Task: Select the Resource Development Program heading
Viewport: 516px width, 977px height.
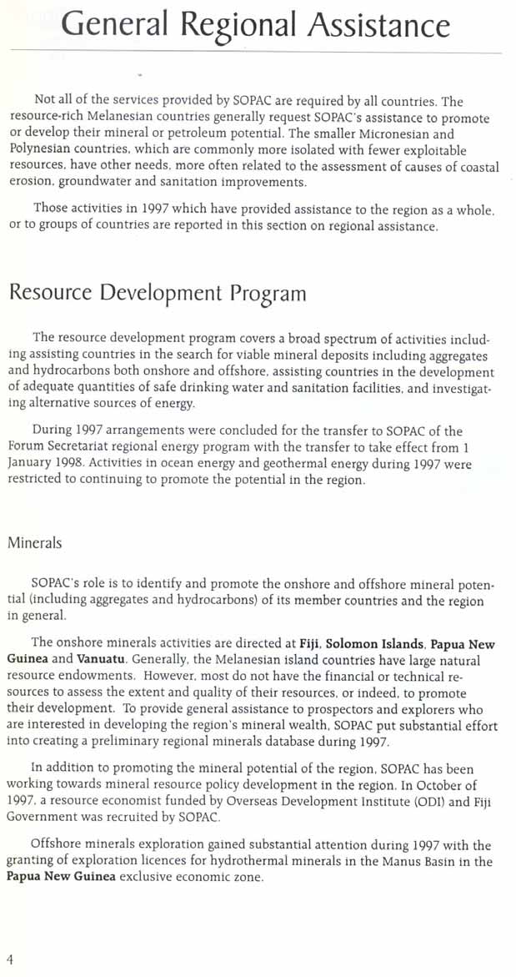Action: (x=158, y=294)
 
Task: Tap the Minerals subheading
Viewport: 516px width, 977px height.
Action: (x=35, y=542)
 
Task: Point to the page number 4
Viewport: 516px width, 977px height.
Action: (x=10, y=959)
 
